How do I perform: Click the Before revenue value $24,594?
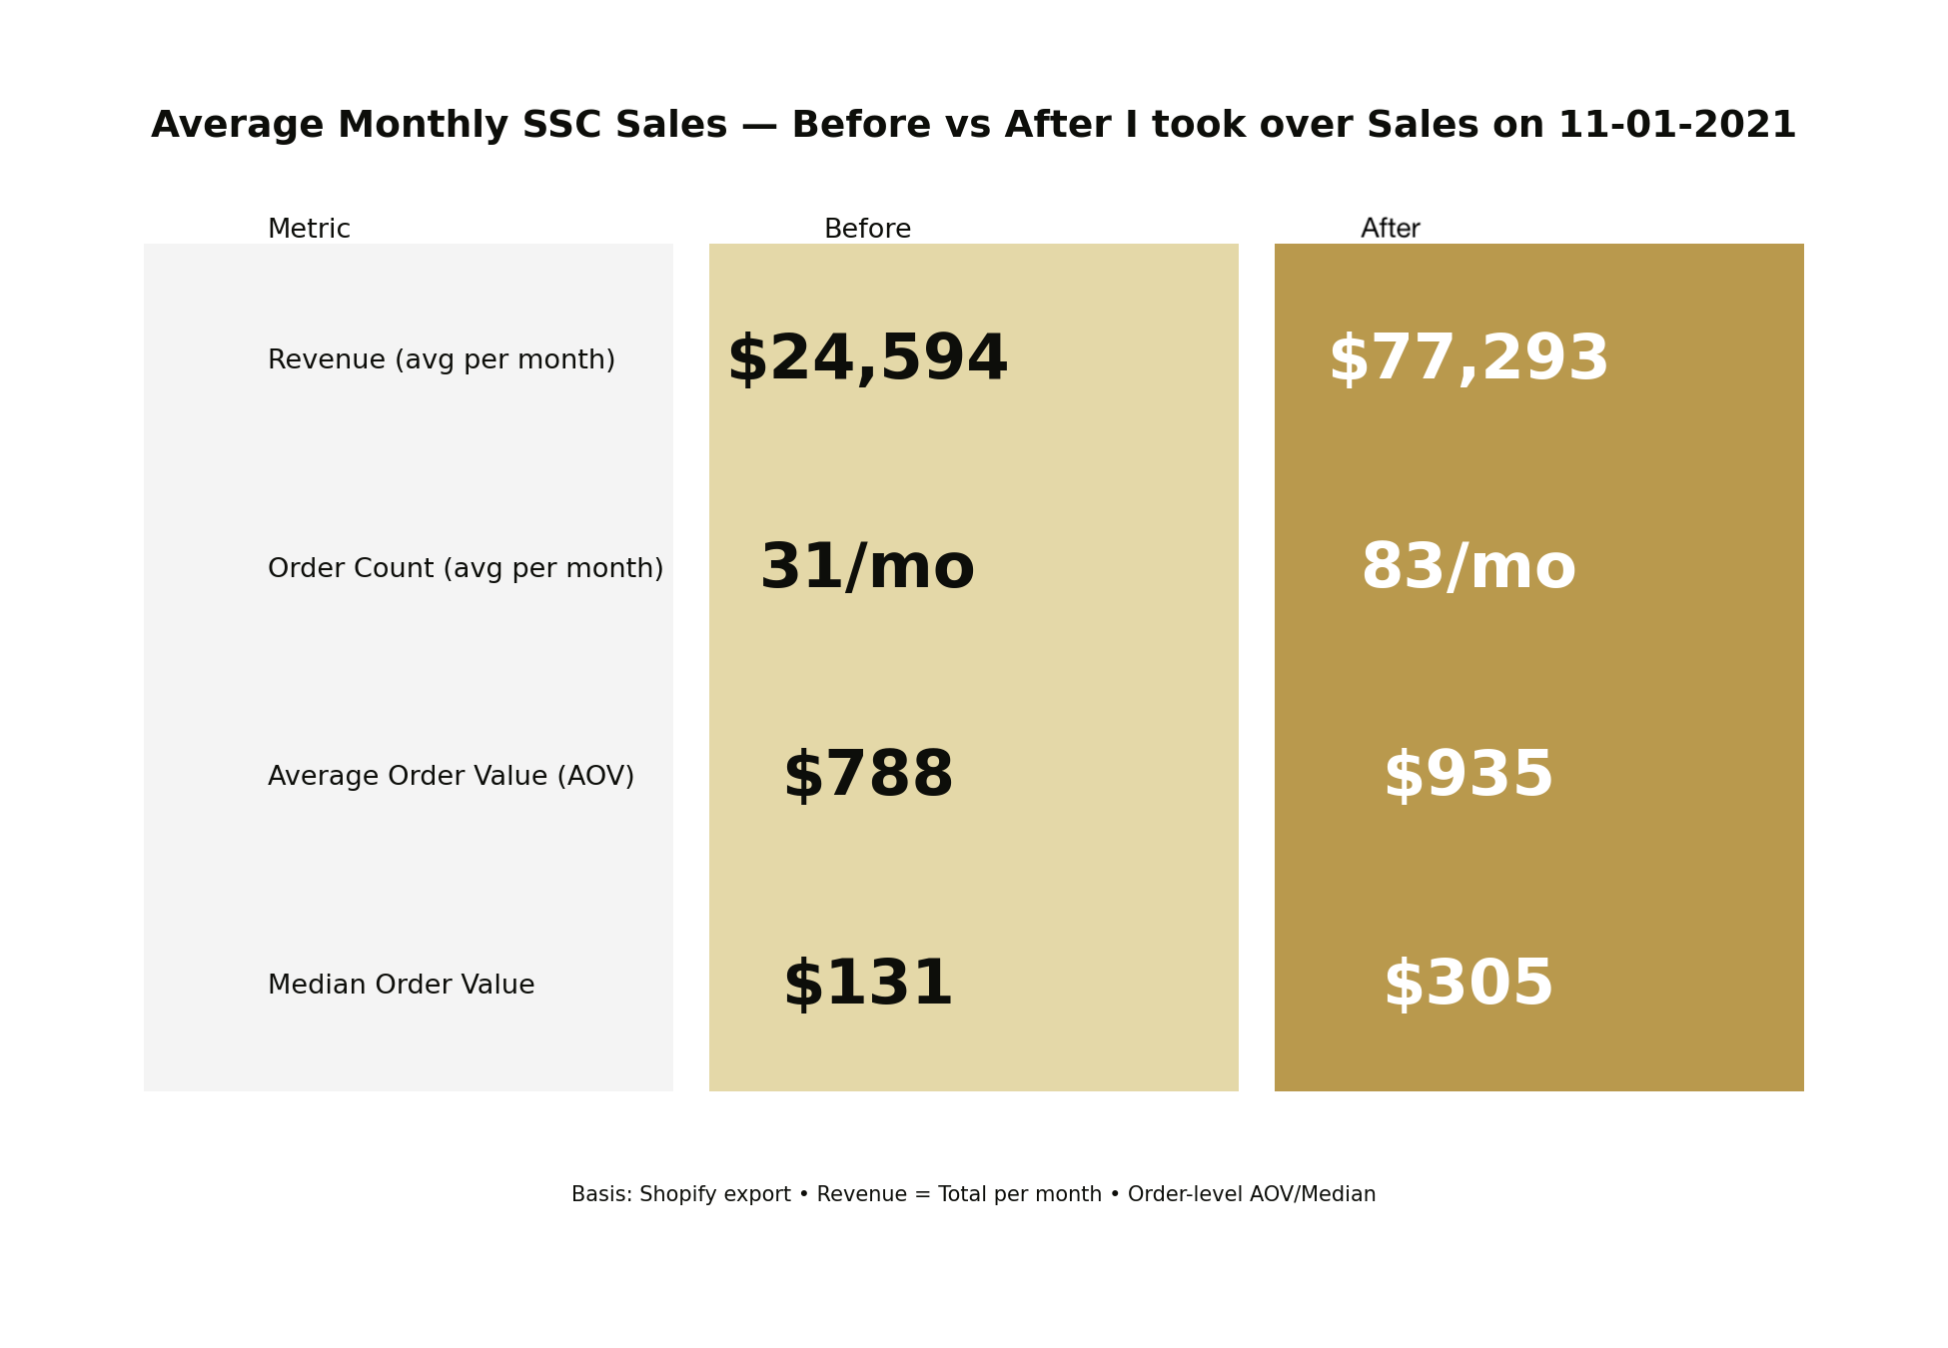(867, 359)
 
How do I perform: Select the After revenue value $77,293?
(1467, 359)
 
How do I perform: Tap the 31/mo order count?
(867, 568)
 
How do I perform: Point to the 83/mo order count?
(1467, 568)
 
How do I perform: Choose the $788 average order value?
(867, 776)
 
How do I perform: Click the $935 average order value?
(1467, 776)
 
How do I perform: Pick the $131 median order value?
(867, 985)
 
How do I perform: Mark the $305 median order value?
(1467, 985)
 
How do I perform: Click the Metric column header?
(309, 230)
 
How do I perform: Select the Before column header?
(867, 230)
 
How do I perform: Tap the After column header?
(1390, 230)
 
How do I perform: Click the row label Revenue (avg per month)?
(441, 360)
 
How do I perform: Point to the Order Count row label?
(465, 569)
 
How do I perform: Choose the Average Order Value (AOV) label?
(451, 777)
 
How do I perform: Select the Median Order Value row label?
(401, 986)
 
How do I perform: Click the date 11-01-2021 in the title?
(1676, 126)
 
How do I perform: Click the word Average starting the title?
(237, 126)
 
